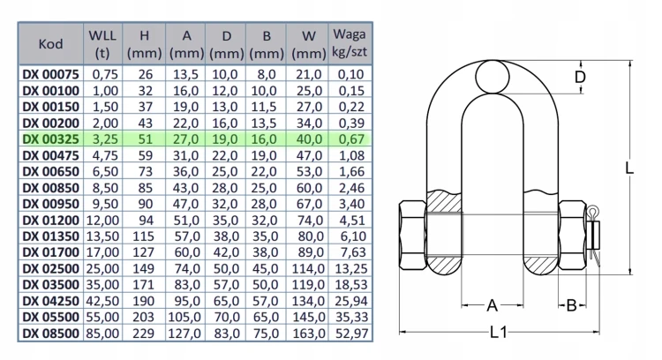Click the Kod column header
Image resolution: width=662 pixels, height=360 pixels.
click(50, 44)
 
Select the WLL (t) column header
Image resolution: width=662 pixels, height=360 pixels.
click(102, 44)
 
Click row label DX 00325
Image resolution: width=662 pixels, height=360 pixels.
click(50, 139)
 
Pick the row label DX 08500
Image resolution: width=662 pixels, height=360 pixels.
click(50, 334)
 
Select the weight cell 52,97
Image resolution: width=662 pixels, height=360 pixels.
click(351, 334)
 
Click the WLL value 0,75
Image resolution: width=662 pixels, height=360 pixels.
click(105, 74)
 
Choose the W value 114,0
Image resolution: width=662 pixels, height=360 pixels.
click(309, 268)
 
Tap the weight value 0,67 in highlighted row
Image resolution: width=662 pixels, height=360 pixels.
click(351, 139)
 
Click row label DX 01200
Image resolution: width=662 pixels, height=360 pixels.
click(50, 220)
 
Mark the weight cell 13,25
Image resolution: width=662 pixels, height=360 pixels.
click(351, 268)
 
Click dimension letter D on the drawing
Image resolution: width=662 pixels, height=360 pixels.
click(581, 77)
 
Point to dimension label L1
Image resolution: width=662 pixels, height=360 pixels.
click(499, 332)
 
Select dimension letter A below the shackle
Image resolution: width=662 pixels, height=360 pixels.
click(493, 305)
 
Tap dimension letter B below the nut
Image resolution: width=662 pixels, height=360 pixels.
click(571, 305)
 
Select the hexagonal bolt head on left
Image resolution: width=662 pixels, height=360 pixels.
click(412, 235)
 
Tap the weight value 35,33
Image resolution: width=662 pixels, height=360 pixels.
click(351, 317)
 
